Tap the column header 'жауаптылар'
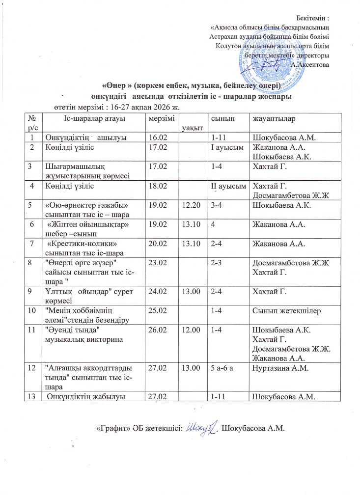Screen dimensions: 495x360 coord(271,119)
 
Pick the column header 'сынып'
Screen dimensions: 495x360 coord(220,119)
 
